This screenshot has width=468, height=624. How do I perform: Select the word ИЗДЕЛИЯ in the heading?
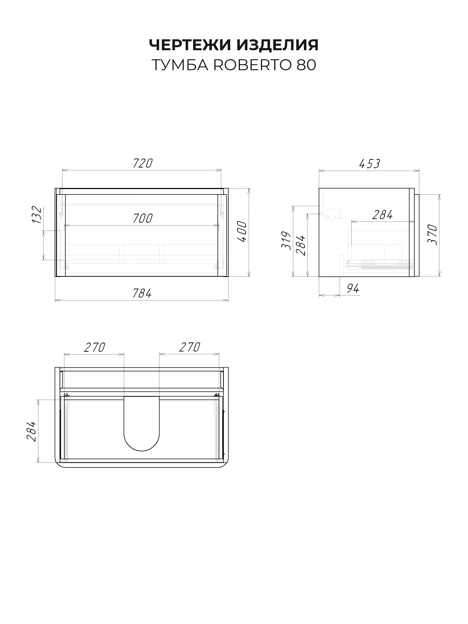point(278,45)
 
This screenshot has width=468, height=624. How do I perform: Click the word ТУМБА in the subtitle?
point(180,65)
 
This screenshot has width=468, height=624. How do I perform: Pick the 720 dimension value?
point(143,163)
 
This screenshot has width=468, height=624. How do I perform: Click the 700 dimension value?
point(143,218)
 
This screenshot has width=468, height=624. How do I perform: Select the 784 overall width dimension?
point(142,293)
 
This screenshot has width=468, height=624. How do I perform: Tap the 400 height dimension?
point(242,232)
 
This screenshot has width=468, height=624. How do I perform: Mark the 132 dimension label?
point(37,215)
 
